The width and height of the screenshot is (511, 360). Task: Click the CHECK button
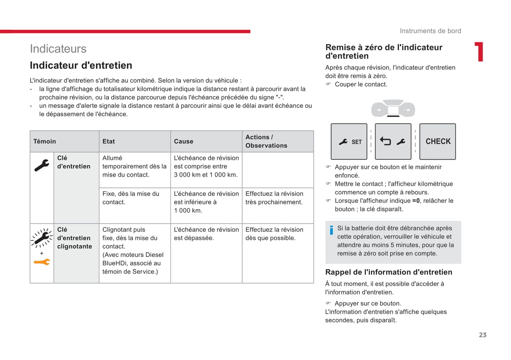tap(437, 141)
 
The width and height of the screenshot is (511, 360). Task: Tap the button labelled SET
tap(349, 142)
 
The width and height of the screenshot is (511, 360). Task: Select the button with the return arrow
tap(393, 142)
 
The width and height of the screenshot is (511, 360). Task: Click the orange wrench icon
tap(42, 262)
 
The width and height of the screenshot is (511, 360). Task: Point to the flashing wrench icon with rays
tap(42, 237)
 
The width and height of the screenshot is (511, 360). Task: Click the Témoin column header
tap(45, 141)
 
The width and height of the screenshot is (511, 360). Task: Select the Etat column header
tap(109, 141)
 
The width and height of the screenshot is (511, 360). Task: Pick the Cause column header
tap(184, 141)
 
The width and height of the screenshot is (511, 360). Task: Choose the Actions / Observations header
tap(266, 141)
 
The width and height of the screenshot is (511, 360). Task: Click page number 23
tap(483, 335)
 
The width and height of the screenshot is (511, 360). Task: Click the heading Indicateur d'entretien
tap(81, 65)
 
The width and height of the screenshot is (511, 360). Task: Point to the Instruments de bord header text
tap(430, 31)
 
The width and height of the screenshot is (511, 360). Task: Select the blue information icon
tap(331, 230)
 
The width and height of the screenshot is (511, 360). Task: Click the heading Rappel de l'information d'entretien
tap(389, 272)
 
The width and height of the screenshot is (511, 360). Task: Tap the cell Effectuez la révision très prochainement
tap(274, 198)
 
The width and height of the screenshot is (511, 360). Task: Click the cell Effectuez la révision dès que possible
tap(274, 234)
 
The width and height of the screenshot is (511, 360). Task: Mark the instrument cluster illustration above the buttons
tap(393, 108)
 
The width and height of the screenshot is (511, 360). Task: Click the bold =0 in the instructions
tap(416, 201)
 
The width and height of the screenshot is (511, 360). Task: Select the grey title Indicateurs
tap(58, 49)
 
